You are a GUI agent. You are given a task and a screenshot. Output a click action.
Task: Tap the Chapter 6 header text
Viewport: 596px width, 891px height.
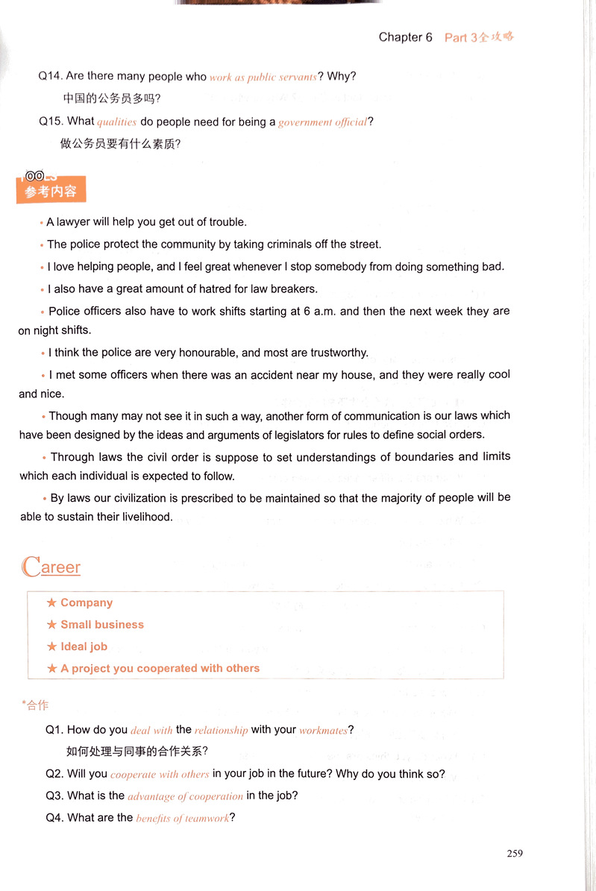coord(405,37)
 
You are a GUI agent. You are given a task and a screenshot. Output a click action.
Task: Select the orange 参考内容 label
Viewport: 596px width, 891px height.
coord(51,192)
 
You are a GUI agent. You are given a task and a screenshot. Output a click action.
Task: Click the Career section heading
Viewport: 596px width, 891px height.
coord(51,567)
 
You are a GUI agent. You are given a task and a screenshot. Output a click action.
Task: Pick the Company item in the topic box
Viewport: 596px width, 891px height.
coord(87,602)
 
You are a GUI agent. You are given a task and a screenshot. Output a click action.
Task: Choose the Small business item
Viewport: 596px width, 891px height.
coord(102,625)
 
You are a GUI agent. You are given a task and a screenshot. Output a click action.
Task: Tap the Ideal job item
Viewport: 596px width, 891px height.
coord(84,646)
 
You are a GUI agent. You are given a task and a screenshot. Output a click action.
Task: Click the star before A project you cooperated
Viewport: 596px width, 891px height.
coord(51,669)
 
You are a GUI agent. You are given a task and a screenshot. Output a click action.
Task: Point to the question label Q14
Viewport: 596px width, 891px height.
coord(51,76)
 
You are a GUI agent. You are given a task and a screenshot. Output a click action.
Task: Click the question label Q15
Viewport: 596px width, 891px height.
coord(51,121)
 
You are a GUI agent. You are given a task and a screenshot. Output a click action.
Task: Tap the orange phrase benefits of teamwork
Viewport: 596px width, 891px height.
coord(183,819)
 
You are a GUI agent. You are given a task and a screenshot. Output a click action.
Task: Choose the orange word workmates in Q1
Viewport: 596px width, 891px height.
coord(323,731)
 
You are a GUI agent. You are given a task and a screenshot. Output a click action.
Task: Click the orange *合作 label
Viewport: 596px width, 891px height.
coord(36,705)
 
